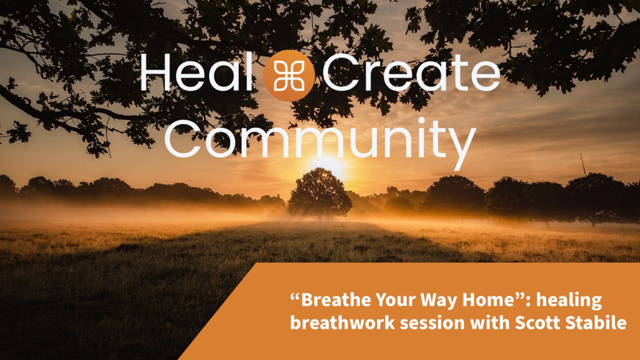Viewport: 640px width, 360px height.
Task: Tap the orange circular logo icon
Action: tap(289, 75)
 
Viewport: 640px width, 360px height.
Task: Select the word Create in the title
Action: tap(411, 71)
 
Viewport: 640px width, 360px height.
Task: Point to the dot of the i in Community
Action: tap(421, 121)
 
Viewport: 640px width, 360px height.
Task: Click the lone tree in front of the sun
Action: tap(319, 193)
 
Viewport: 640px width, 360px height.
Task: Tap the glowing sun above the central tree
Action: tap(328, 166)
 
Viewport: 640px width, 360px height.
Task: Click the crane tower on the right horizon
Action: tap(583, 165)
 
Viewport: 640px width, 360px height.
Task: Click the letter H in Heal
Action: tap(155, 71)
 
